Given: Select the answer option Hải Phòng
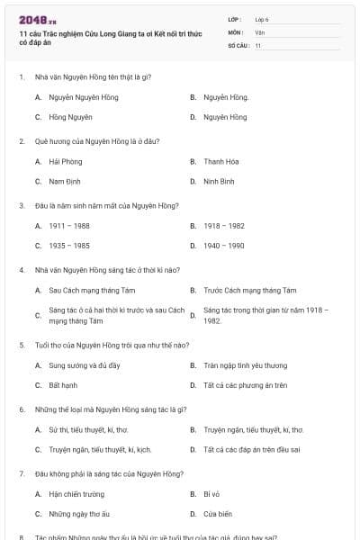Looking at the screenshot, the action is click(x=65, y=162).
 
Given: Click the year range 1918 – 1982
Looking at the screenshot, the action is click(x=224, y=226).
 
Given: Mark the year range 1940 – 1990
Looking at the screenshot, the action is click(x=224, y=245).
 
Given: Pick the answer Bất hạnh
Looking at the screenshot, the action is click(x=63, y=385).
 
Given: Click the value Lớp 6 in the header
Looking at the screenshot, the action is click(x=262, y=19).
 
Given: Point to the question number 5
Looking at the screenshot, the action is click(x=22, y=345).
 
